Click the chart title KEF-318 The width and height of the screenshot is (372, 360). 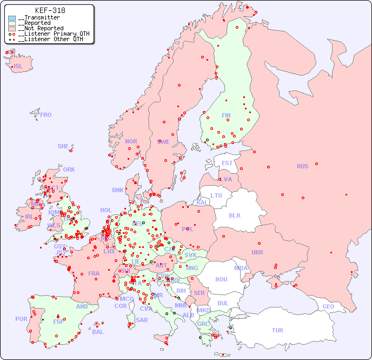coord(50,10)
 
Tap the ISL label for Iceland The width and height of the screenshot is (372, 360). coord(18,67)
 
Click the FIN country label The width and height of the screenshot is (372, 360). coord(226,115)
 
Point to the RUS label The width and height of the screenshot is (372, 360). coord(302,166)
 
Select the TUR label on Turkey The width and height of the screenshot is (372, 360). coord(277,330)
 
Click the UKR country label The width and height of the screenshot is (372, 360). coord(257,252)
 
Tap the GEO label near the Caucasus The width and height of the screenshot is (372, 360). coord(328,306)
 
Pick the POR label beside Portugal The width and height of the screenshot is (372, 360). coord(21,319)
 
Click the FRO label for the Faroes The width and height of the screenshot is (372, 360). coord(46,115)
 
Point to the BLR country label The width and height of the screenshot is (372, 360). coord(234,215)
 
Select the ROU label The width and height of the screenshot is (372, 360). coord(221,279)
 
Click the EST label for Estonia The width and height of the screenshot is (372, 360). coord(227,163)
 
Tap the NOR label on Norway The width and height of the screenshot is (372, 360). coord(131,141)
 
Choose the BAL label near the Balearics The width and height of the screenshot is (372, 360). coord(97,332)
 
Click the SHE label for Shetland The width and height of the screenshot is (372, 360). coord(63,146)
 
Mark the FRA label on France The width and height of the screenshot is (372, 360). coord(94,273)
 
